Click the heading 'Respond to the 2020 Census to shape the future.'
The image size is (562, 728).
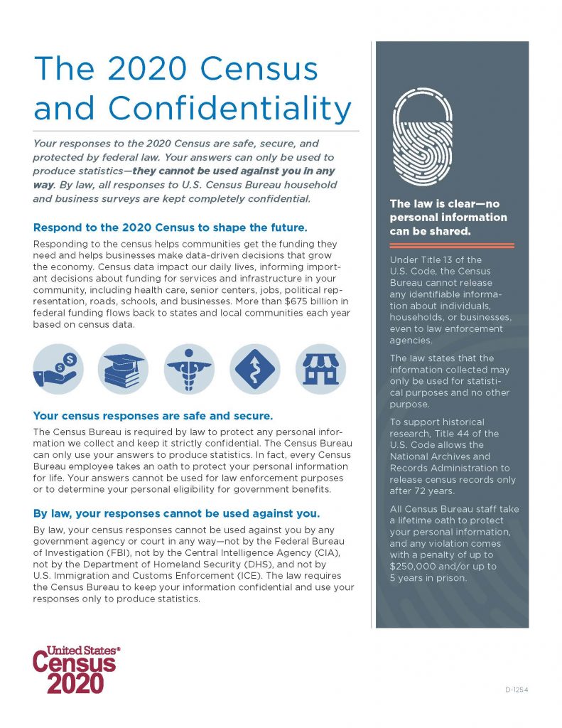tap(170, 228)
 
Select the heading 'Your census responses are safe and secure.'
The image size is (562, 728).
tap(153, 415)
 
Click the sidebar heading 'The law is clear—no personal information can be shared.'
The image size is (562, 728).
tap(448, 218)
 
